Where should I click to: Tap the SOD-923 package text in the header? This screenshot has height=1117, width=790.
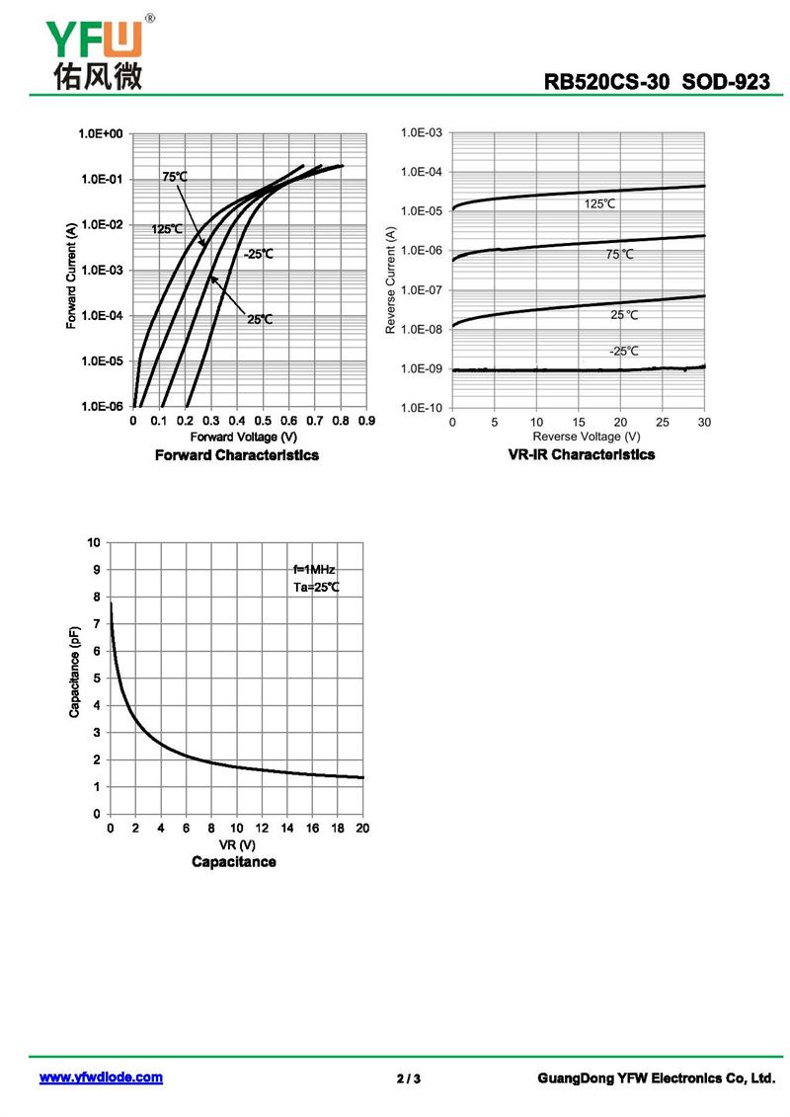click(726, 82)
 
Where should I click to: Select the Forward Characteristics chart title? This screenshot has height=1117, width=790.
click(237, 455)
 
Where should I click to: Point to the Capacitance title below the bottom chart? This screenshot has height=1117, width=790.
click(234, 862)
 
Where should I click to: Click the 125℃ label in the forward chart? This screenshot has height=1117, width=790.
click(167, 229)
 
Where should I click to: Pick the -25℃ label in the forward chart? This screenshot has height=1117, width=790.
click(258, 254)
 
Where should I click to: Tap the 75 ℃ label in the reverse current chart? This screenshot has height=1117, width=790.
click(619, 255)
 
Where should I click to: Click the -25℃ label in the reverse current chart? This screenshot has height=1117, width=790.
click(623, 351)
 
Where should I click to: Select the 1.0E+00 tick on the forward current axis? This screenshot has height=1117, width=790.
click(100, 134)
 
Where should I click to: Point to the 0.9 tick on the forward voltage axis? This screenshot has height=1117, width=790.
click(367, 421)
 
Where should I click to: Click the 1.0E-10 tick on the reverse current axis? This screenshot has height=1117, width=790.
click(422, 408)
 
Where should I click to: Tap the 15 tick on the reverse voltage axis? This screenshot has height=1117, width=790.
click(578, 422)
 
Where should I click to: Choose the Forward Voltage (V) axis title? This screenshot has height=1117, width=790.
click(244, 437)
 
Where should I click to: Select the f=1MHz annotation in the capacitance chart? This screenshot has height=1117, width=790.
click(315, 570)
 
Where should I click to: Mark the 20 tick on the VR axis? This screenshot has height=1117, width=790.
click(362, 828)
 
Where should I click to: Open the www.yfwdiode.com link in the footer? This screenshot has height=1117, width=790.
click(101, 1077)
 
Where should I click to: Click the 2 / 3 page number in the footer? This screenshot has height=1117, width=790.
click(408, 1078)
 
